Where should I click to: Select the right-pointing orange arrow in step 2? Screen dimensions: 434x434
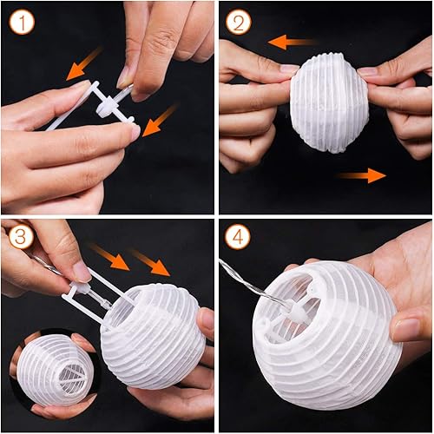click(362, 176)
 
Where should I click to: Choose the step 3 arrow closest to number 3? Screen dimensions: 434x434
click(108, 255)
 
